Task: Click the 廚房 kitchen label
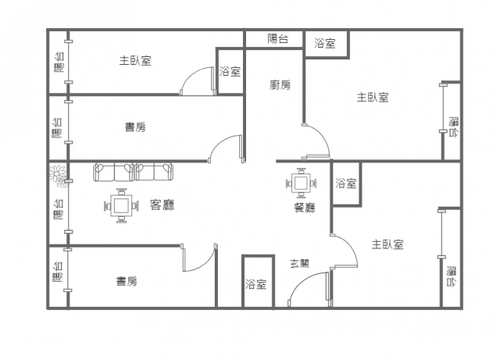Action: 280,85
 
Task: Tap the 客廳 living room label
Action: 162,205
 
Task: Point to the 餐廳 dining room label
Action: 305,208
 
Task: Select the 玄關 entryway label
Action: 299,264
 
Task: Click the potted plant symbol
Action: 57,176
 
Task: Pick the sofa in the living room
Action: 134,172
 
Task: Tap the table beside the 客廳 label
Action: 121,205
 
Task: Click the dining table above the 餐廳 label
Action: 301,184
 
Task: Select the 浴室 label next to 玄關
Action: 256,284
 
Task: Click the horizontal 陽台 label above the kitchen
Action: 278,39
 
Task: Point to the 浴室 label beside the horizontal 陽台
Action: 325,43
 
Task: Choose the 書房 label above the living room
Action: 135,127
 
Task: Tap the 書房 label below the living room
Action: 127,282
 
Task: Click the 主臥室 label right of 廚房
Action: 373,98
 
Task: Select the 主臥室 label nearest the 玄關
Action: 387,244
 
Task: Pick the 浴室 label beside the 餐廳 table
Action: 346,183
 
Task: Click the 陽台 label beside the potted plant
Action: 59,209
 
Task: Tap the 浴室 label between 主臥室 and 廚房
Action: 230,71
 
